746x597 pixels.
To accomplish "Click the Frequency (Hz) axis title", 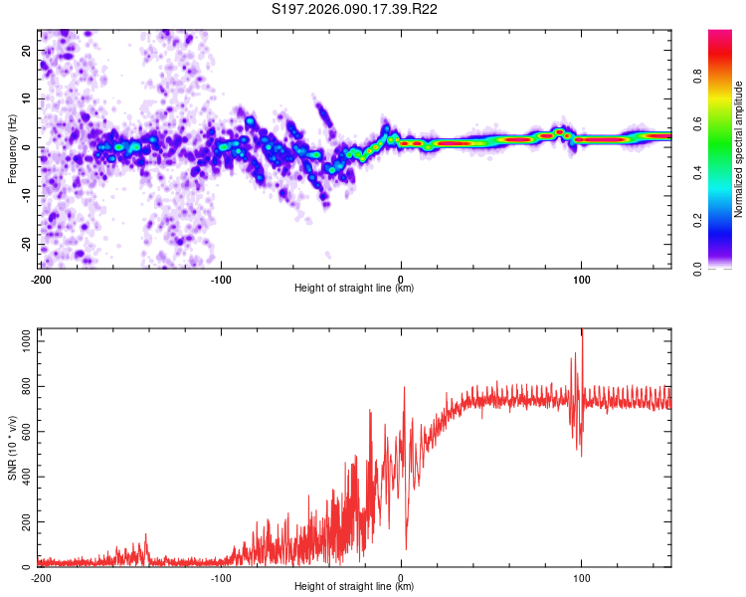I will (12, 149).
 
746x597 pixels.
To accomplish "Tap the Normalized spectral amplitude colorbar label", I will (739, 149).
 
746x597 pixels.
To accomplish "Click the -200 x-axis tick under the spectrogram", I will (41, 278).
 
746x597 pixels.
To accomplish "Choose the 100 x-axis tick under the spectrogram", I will (581, 278).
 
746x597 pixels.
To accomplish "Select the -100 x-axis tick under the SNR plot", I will (221, 577).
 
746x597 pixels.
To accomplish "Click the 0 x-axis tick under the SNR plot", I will (401, 577).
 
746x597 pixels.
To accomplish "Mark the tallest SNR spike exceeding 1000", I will (582, 336).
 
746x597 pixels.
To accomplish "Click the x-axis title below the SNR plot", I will (355, 587).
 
